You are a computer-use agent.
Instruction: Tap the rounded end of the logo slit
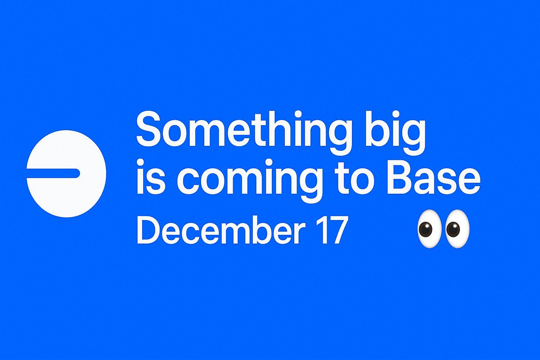pyautogui.click(x=77, y=173)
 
